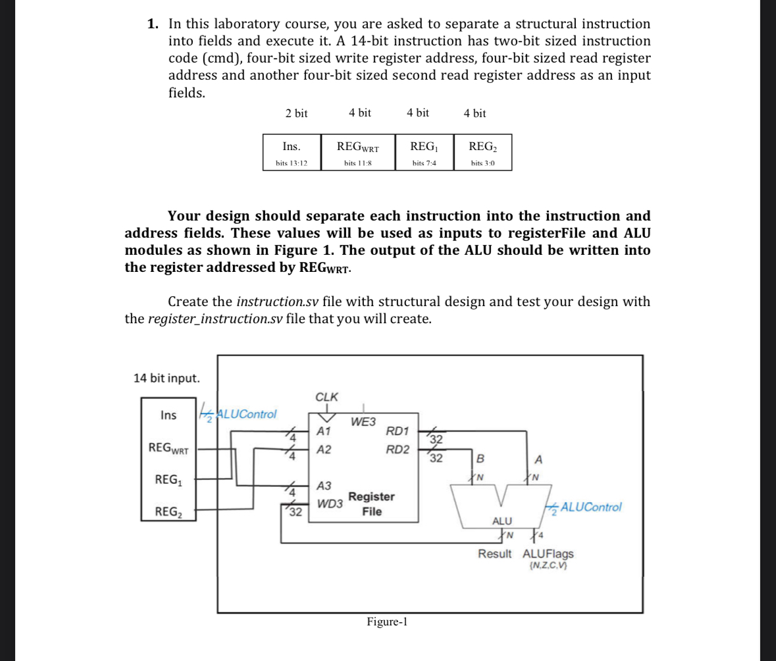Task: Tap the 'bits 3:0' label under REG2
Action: [482, 163]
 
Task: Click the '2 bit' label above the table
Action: [296, 113]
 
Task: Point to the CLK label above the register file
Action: [326, 397]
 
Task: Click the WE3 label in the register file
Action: [363, 421]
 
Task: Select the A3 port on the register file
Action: [324, 486]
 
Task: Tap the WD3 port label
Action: [329, 504]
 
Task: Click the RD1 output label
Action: [398, 432]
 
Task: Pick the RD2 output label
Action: [398, 450]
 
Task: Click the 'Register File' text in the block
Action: [371, 504]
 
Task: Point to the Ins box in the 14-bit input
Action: [168, 415]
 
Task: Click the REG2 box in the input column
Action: [168, 511]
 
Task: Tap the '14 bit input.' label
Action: [166, 378]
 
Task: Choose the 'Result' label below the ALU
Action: [494, 554]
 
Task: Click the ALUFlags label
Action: [548, 554]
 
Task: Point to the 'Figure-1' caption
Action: [388, 621]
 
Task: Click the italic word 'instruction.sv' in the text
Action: [277, 302]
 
